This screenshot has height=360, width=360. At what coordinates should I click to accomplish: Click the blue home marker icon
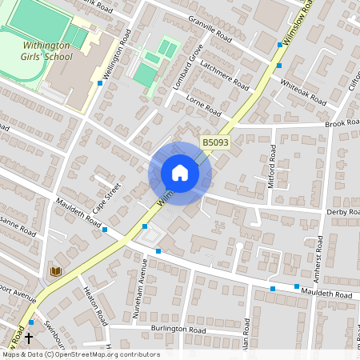pyautogui.click(x=180, y=173)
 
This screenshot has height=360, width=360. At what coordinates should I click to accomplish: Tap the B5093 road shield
pyautogui.click(x=214, y=142)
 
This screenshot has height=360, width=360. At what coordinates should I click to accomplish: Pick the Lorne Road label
pyautogui.click(x=202, y=106)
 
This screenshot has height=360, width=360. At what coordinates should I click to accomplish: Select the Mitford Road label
pyautogui.click(x=273, y=170)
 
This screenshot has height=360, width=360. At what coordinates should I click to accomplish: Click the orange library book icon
pyautogui.click(x=56, y=272)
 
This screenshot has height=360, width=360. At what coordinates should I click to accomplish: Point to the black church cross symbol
pyautogui.click(x=29, y=338)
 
